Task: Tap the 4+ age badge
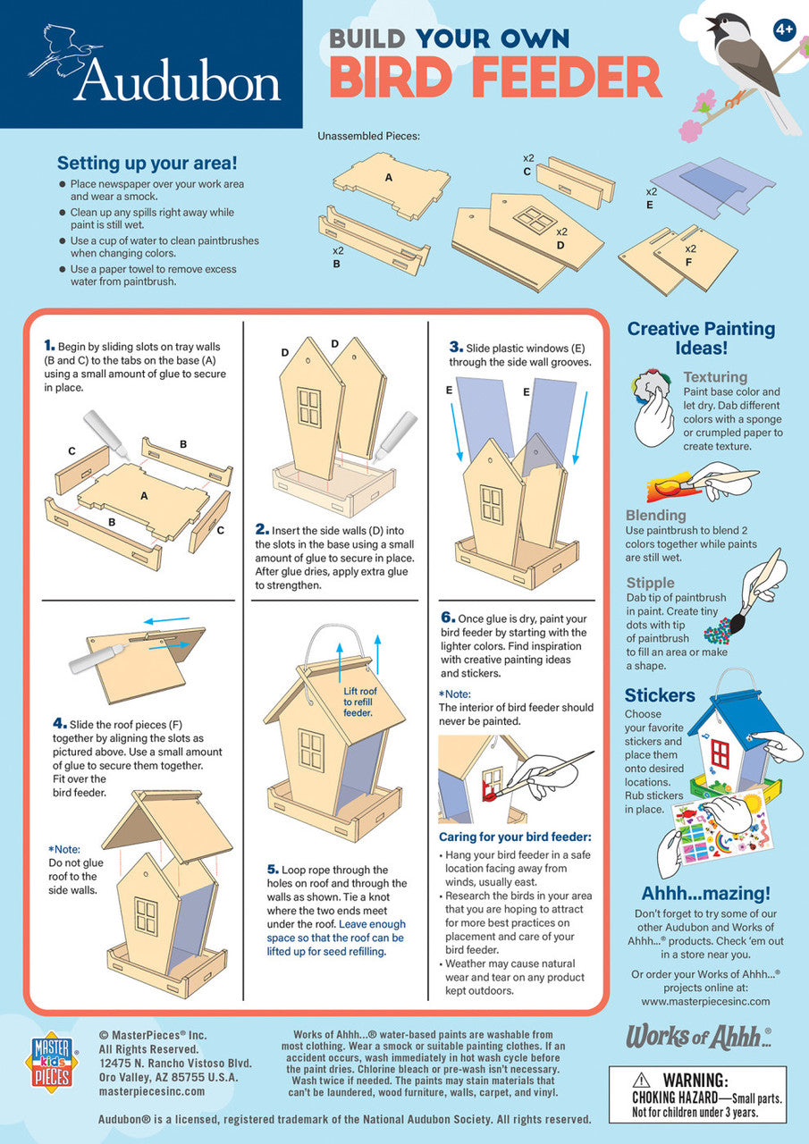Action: coord(784,29)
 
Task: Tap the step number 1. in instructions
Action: coord(50,344)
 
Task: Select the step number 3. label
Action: coord(455,346)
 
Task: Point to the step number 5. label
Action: coord(273,870)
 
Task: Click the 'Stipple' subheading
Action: coord(650,583)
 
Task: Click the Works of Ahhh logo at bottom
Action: coord(697,1037)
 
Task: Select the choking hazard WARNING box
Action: coord(697,1094)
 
